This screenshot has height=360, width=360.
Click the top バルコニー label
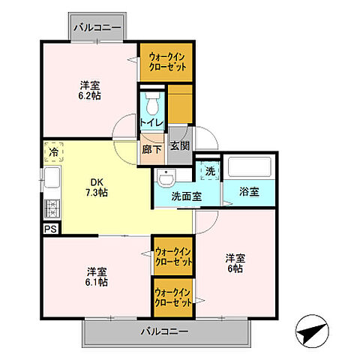(97, 28)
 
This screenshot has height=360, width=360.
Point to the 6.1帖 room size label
(95, 282)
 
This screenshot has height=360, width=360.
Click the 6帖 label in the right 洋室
(235, 268)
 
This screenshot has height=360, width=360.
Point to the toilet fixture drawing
(152, 104)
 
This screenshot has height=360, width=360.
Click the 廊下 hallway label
(152, 149)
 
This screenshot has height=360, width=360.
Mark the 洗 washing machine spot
(211, 170)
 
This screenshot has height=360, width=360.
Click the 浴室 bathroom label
(249, 192)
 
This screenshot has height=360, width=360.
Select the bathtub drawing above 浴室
(250, 168)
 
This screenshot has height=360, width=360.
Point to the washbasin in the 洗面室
(165, 178)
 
